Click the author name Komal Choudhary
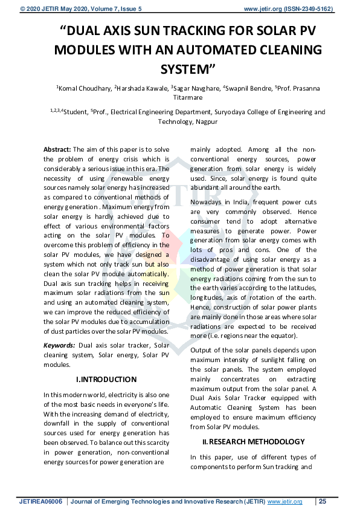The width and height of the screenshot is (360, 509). click(x=84, y=89)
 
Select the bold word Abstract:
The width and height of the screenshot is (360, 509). click(x=57, y=149)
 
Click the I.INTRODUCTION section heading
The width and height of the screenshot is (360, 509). click(x=106, y=380)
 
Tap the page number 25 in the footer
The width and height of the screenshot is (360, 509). click(x=323, y=502)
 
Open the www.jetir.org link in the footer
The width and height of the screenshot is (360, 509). click(x=284, y=502)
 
